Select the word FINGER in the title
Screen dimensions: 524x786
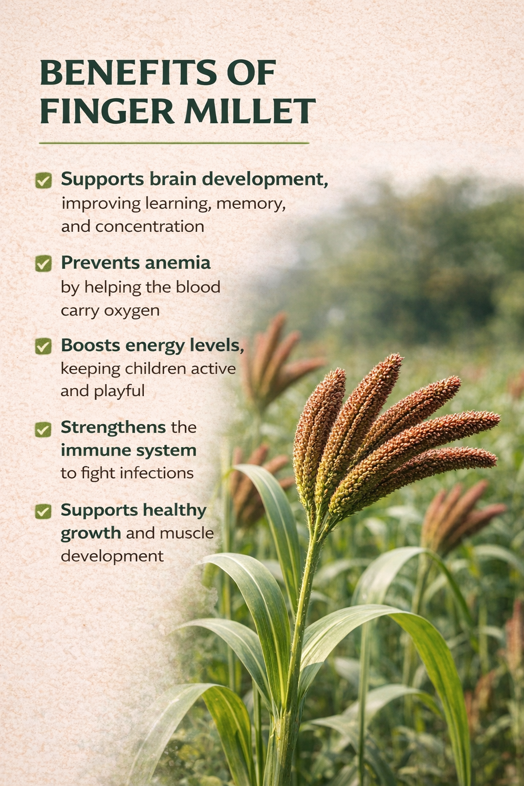tap(107, 111)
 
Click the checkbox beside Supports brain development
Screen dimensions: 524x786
tap(43, 180)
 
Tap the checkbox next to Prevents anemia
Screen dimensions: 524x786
tap(43, 264)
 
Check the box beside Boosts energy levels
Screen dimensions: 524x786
tap(43, 346)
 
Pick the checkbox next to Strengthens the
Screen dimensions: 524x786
tap(43, 429)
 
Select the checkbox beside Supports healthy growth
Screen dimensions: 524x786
tap(43, 512)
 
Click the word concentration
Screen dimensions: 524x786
tap(149, 227)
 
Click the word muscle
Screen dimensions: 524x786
tap(187, 533)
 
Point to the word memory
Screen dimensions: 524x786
tap(251, 204)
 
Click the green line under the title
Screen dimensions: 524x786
tap(174, 143)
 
